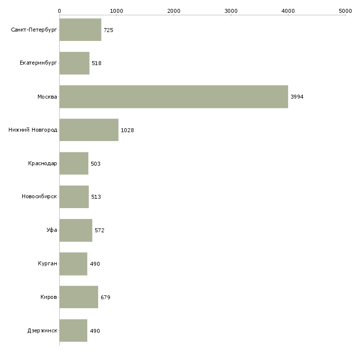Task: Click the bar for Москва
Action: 174,97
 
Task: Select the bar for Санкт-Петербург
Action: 80,30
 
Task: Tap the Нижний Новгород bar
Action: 89,130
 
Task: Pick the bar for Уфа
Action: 76,230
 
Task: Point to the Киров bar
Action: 79,297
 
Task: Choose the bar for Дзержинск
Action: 73,330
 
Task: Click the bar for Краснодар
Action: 74,163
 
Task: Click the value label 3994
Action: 297,97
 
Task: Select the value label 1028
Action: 127,130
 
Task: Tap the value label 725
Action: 108,30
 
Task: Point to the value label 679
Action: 106,297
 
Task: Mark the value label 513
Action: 96,197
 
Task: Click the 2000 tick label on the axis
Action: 174,11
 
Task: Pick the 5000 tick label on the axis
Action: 345,11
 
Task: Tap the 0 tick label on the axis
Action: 60,11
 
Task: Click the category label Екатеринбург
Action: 38,63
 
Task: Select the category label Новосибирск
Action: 39,197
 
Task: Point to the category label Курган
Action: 47,263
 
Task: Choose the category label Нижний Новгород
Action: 33,130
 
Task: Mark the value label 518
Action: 97,63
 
